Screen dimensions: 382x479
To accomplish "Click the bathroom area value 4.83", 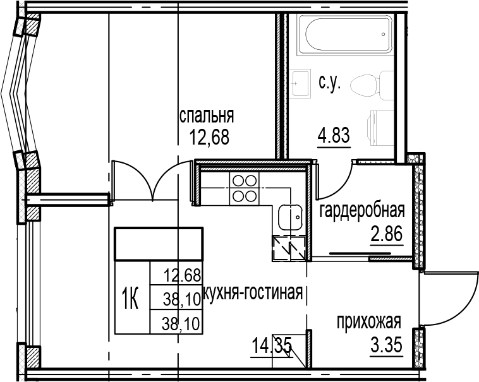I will click(333, 134).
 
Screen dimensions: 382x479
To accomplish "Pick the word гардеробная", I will click(361, 210).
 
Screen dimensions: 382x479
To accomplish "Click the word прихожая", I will click(368, 323).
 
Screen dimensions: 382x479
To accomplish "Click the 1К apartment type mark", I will click(130, 296).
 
